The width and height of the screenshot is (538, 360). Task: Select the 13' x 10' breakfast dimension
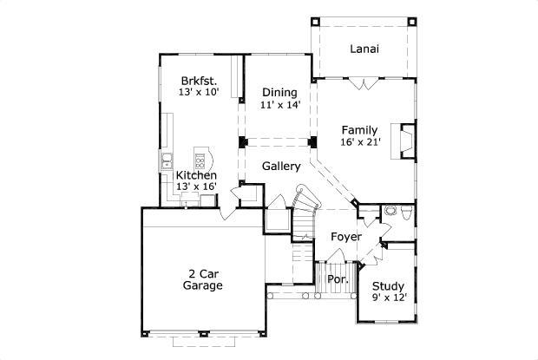click(199, 91)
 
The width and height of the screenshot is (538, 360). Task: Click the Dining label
click(279, 93)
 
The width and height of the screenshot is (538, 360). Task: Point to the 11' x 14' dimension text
click(279, 105)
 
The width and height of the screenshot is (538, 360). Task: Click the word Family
click(359, 130)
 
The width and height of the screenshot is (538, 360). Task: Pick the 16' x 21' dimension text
click(359, 143)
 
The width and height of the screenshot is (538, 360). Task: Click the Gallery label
click(281, 167)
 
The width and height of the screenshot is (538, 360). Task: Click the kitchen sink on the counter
click(167, 160)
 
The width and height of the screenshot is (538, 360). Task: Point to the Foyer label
click(345, 237)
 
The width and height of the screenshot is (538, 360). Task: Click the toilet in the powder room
click(390, 211)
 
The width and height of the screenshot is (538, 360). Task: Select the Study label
click(387, 286)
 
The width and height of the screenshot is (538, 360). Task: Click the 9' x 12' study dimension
click(387, 298)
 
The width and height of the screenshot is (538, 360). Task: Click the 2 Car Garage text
click(204, 279)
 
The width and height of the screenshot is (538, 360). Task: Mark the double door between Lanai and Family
click(364, 82)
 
